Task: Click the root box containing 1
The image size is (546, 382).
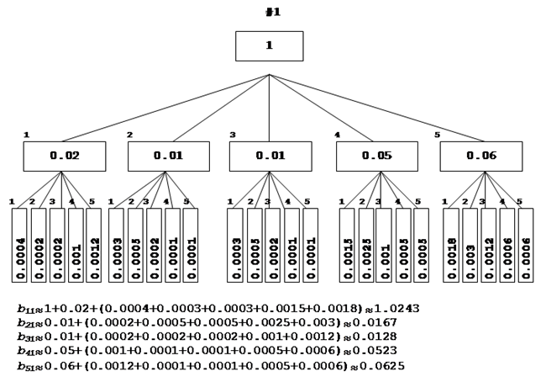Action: pyautogui.click(x=269, y=45)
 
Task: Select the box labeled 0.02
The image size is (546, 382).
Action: pyautogui.click(x=64, y=156)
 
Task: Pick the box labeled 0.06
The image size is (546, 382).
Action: pyautogui.click(x=481, y=156)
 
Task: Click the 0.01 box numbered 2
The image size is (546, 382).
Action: pyautogui.click(x=168, y=156)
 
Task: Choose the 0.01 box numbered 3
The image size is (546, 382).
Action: pyautogui.click(x=270, y=156)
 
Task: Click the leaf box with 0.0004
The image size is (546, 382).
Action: pyautogui.click(x=19, y=245)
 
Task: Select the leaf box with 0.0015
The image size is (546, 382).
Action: pyautogui.click(x=347, y=245)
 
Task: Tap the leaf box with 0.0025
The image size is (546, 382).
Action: pyautogui.click(x=365, y=245)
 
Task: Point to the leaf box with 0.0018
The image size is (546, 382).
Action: pyautogui.click(x=451, y=245)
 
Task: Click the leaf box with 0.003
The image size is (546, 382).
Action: pyautogui.click(x=470, y=245)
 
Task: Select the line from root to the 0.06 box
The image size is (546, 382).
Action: pyautogui.click(x=375, y=109)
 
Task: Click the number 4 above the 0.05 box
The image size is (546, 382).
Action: pyautogui.click(x=338, y=135)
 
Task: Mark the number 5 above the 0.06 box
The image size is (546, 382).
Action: pyautogui.click(x=437, y=135)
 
